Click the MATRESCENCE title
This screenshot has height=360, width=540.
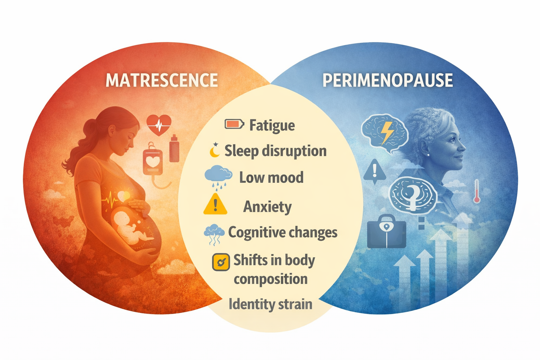162,81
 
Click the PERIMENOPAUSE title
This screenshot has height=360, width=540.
387,81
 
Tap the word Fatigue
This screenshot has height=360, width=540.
272,125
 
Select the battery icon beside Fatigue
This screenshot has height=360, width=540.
234,124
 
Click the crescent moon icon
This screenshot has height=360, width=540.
214,150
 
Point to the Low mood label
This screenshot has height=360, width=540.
271,177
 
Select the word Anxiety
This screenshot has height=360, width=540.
267,207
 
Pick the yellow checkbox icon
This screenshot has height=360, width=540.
221,262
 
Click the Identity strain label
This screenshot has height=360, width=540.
270,304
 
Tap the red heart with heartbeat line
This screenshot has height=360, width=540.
159,124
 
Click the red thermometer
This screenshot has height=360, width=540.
477,191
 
